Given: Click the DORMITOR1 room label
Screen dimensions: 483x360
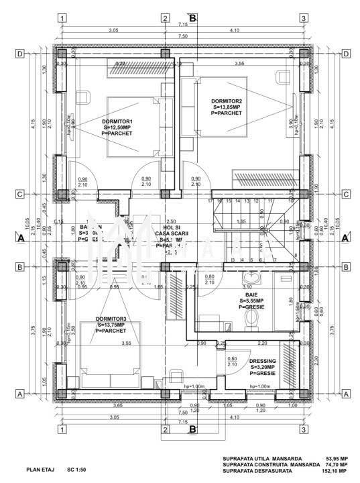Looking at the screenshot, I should tap(117, 121).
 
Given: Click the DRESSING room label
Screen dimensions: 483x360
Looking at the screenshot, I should tap(264, 361).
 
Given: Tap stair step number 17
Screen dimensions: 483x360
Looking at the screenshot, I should tap(210, 201).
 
